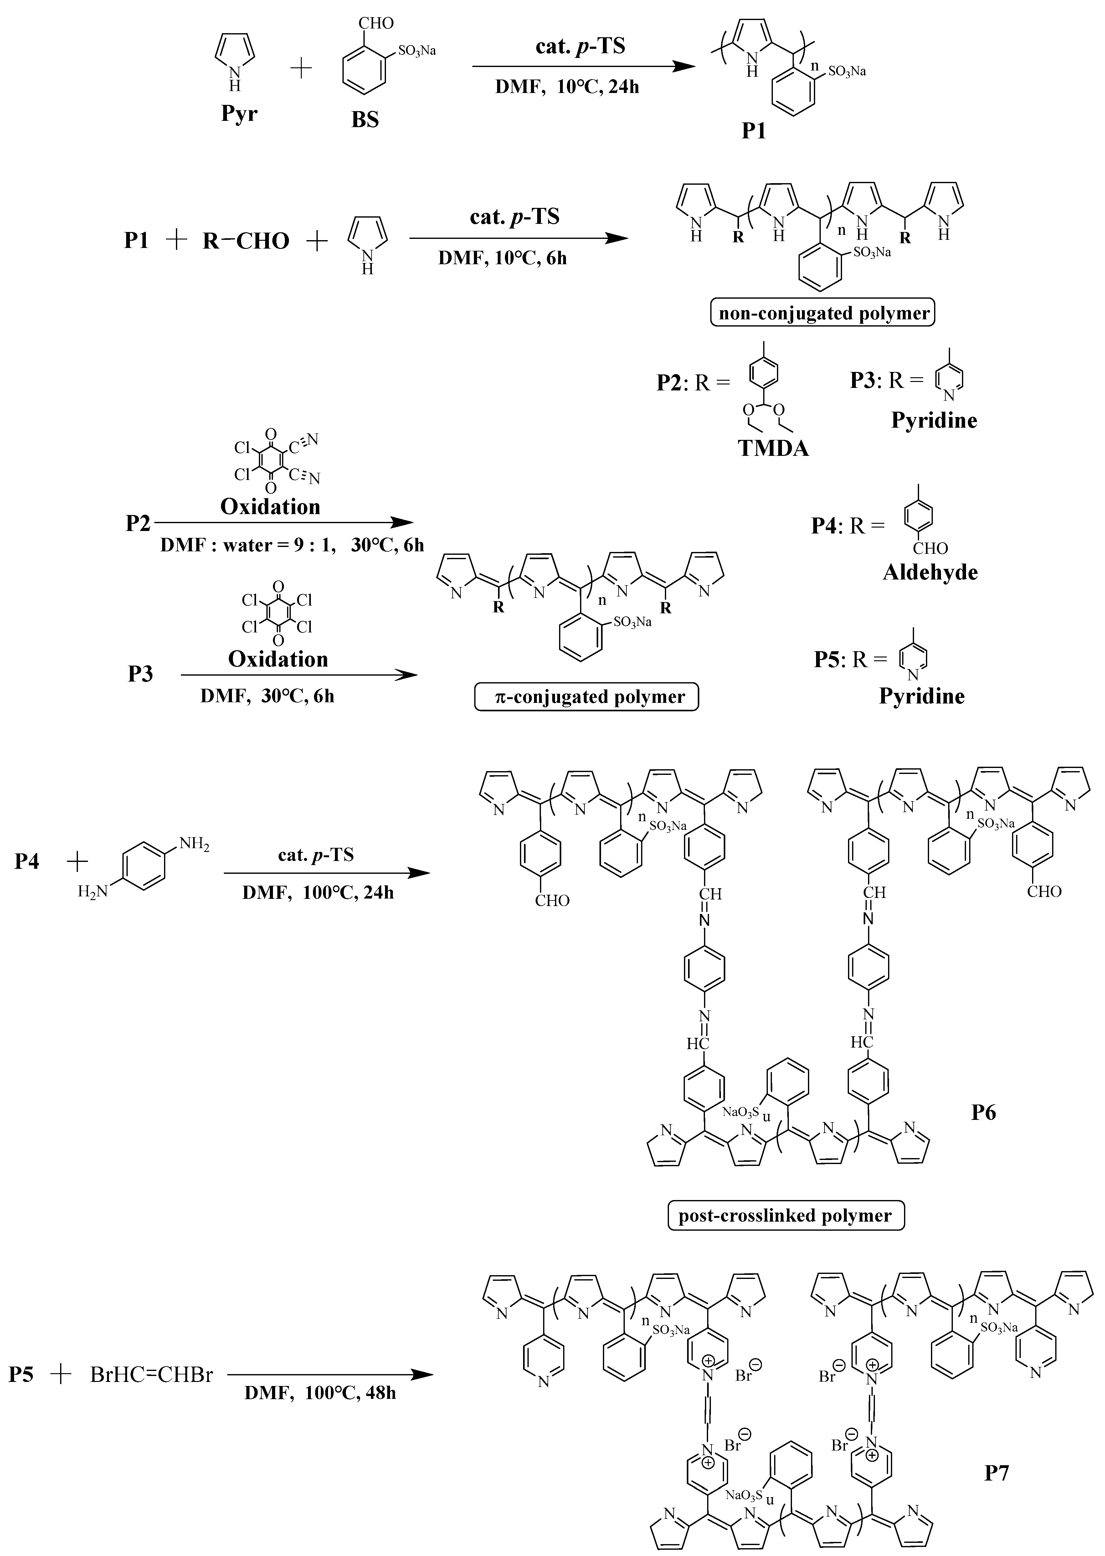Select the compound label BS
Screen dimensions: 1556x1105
pyautogui.click(x=365, y=120)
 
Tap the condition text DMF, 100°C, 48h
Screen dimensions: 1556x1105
pyautogui.click(x=320, y=1393)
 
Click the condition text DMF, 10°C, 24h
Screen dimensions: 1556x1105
pyautogui.click(x=567, y=86)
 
